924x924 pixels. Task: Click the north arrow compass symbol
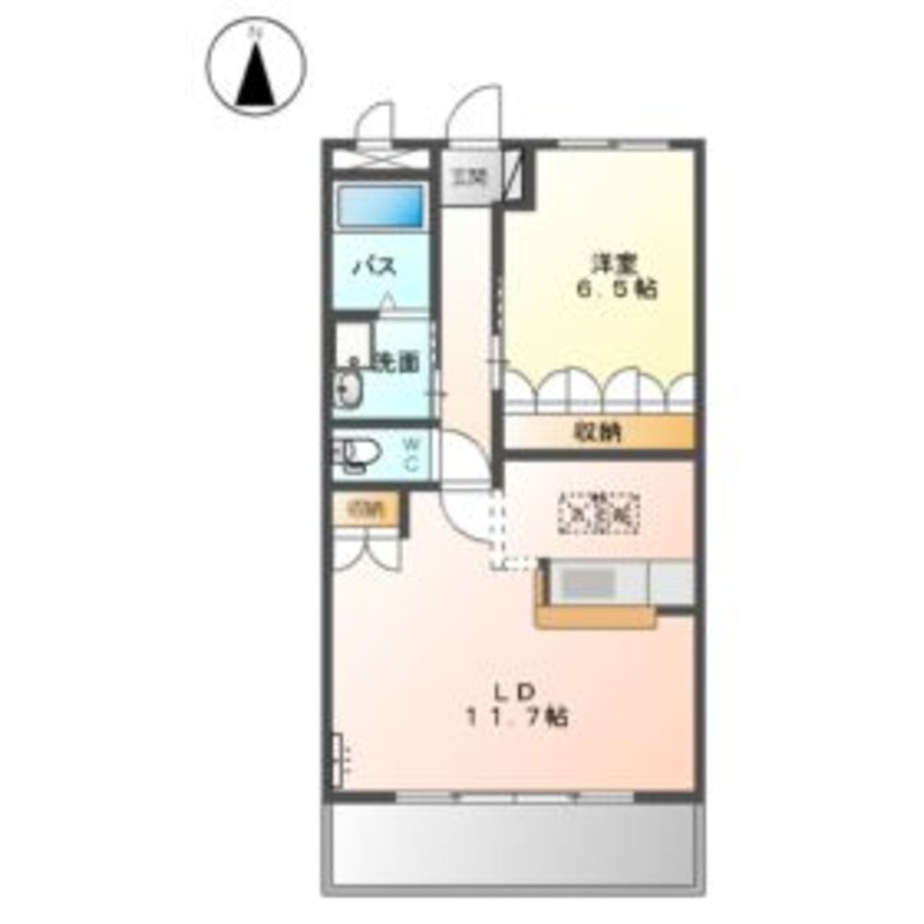click(x=258, y=70)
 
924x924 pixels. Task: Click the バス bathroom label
click(x=374, y=268)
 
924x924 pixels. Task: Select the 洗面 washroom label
click(x=395, y=362)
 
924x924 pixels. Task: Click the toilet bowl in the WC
click(x=358, y=454)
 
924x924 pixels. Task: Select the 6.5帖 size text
click(x=617, y=288)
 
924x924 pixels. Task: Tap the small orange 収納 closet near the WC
click(x=366, y=509)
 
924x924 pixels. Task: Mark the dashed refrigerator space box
click(x=600, y=511)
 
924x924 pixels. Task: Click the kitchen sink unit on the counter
click(x=589, y=582)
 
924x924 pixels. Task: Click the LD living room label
click(x=514, y=691)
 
